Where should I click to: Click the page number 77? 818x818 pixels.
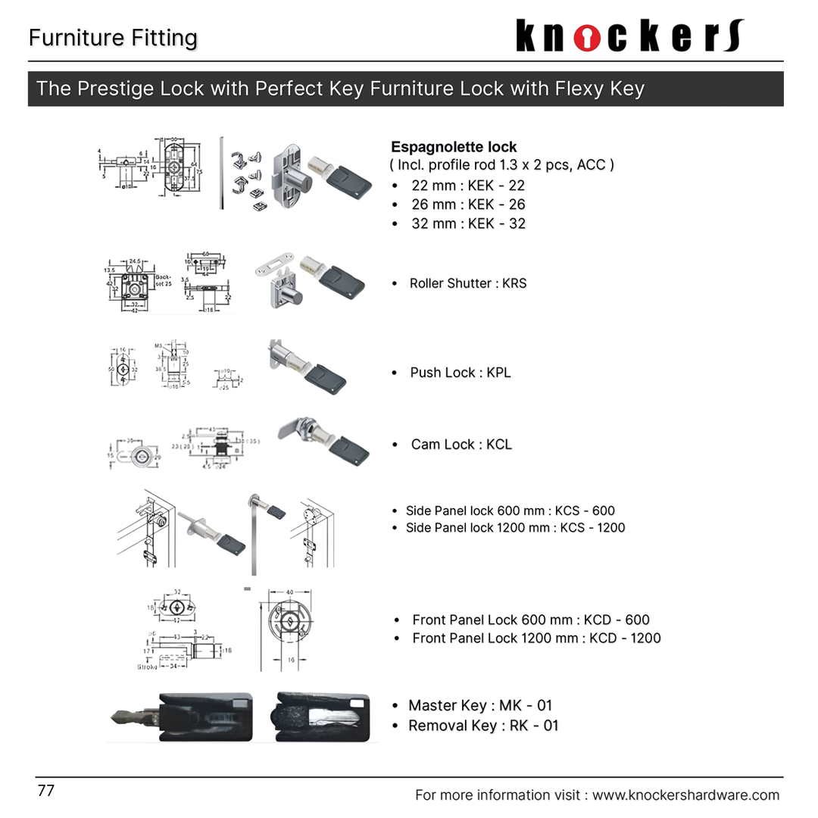(x=46, y=791)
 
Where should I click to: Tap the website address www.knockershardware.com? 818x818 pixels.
(x=685, y=795)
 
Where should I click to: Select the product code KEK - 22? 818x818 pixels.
(x=496, y=186)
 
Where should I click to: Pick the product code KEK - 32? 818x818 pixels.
(x=496, y=223)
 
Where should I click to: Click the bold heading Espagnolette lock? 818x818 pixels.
(x=454, y=147)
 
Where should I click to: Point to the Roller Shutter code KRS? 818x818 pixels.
(x=514, y=283)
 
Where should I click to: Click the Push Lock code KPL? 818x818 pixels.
(x=498, y=373)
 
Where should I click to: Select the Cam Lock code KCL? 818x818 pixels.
(x=499, y=445)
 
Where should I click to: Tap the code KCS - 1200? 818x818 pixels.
(x=592, y=528)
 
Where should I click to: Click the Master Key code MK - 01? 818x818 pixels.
(x=526, y=705)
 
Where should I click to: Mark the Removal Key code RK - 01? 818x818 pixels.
(x=533, y=726)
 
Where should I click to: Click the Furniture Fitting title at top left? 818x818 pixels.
(x=113, y=38)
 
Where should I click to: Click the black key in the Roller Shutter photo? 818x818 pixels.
(x=342, y=282)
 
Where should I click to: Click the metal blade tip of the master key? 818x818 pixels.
(x=121, y=716)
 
